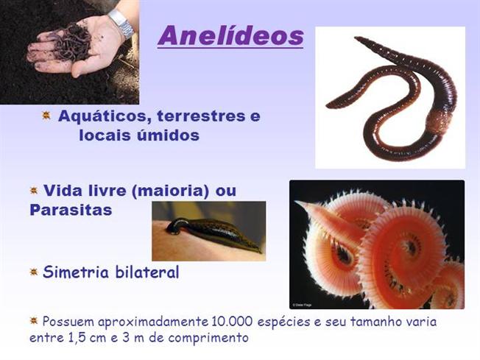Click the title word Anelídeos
tap(230, 35)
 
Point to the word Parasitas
tap(71, 210)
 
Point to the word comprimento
tap(207, 338)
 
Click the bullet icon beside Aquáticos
tap(46, 116)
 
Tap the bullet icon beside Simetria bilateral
tap(34, 272)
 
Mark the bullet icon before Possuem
tap(34, 321)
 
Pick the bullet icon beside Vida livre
tap(34, 191)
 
